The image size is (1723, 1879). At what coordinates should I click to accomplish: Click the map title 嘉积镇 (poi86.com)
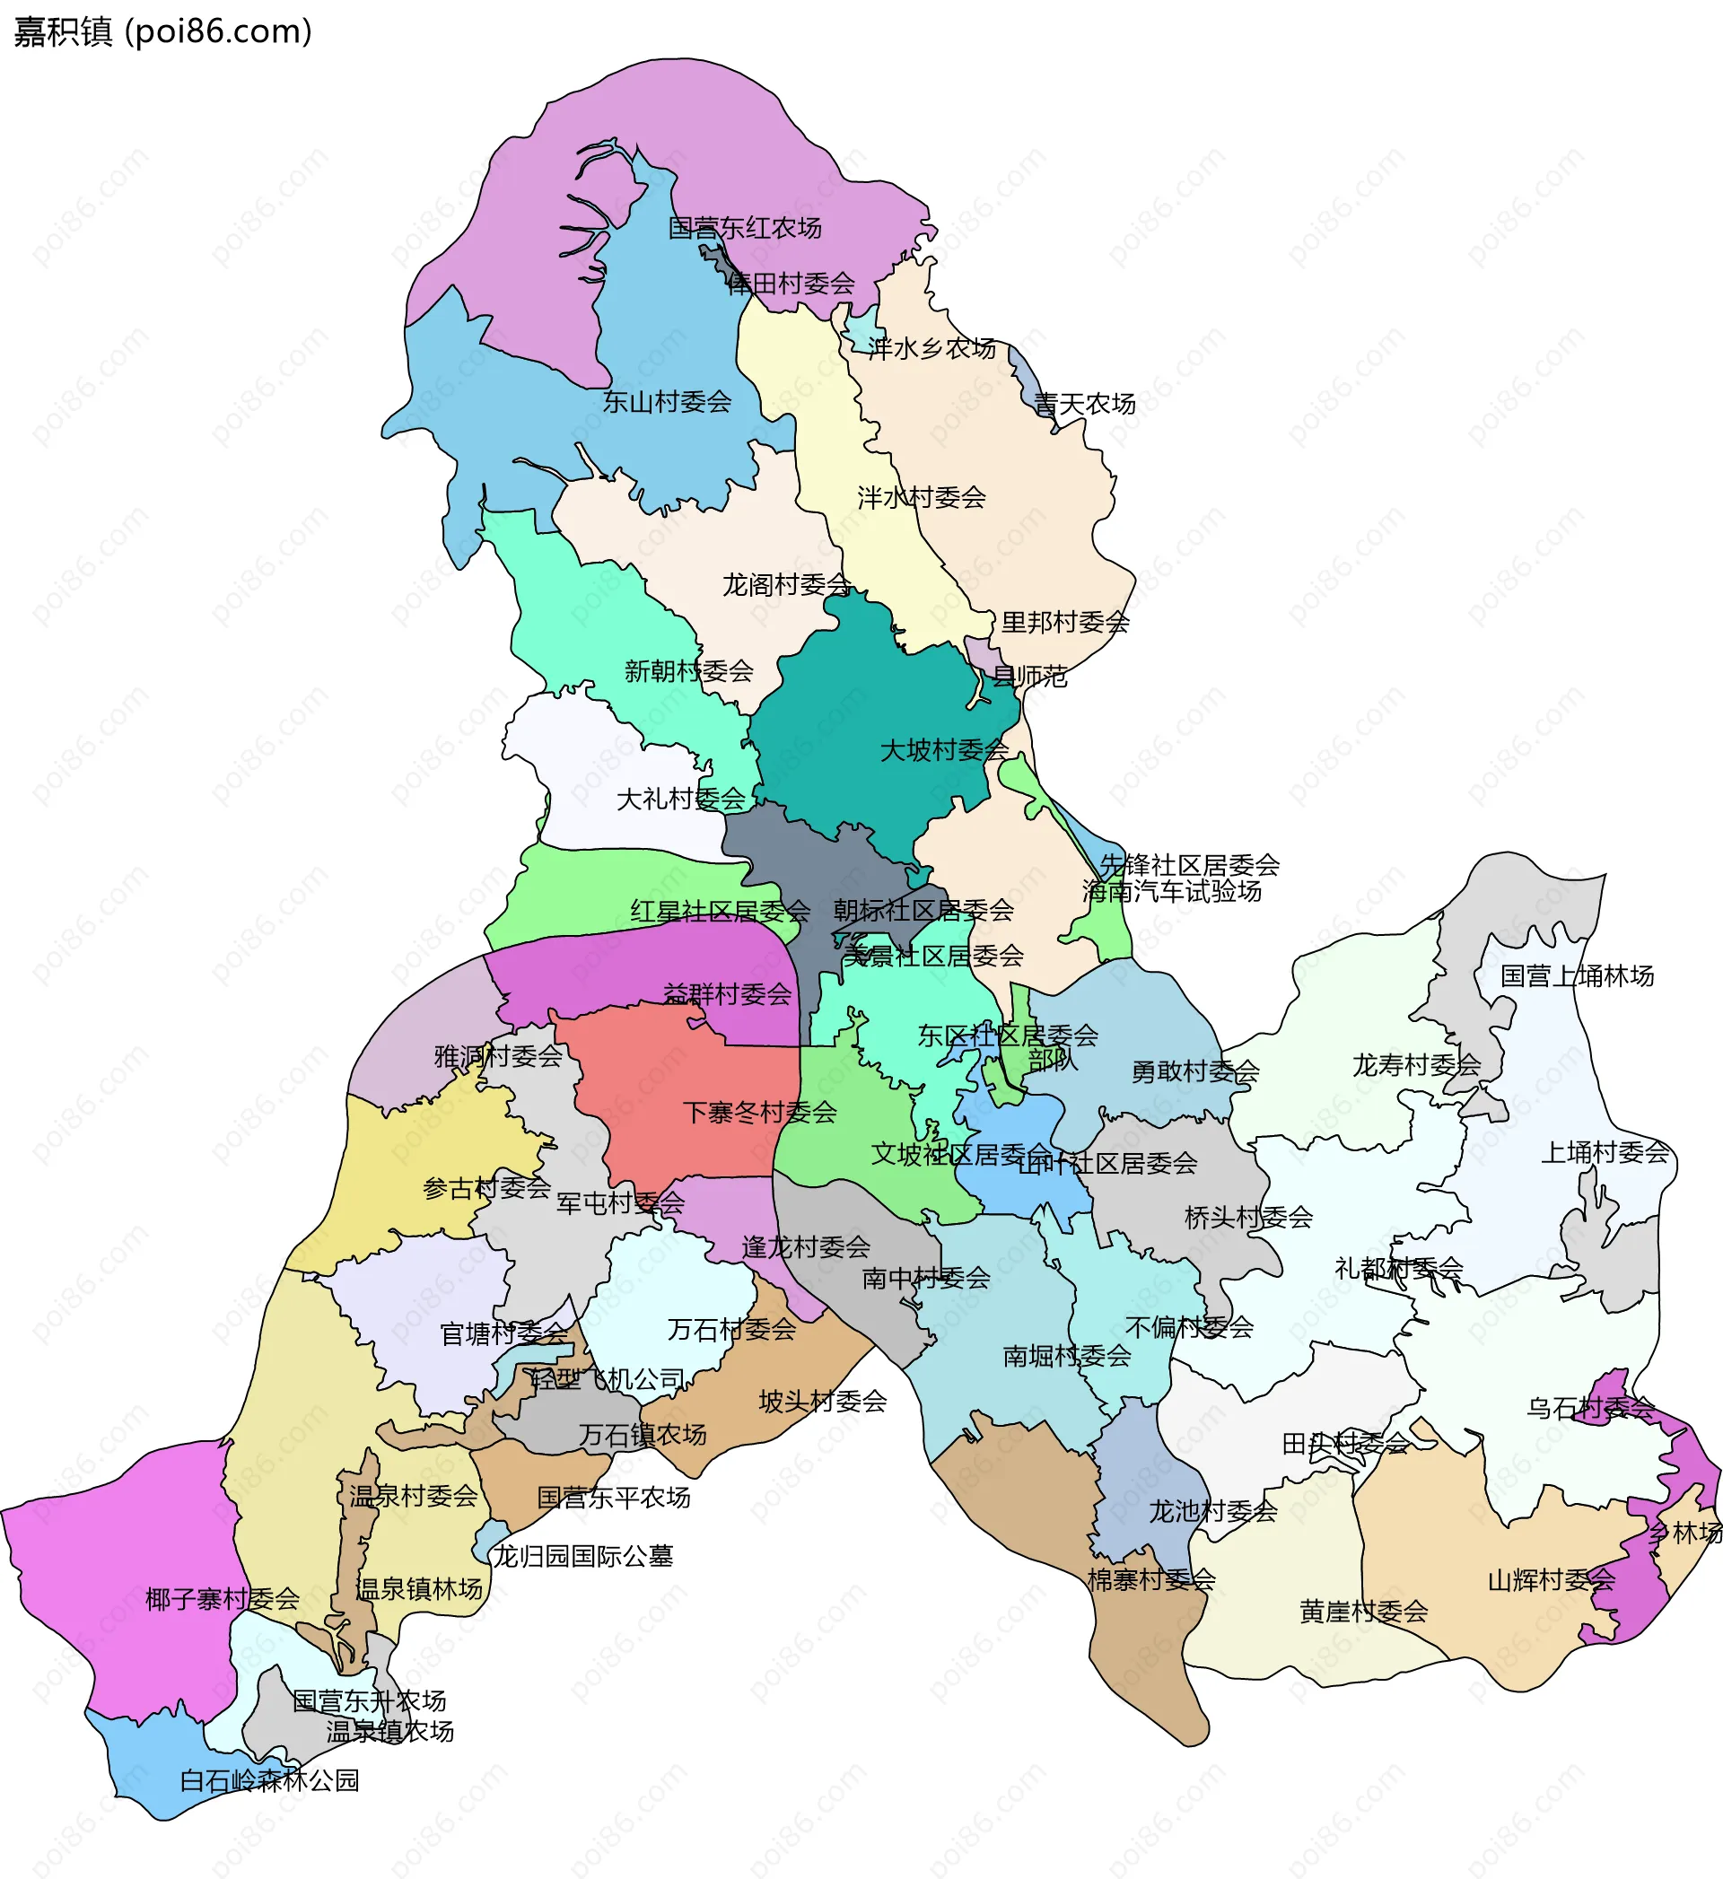click(163, 31)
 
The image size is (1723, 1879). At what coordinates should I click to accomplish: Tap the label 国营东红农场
click(745, 227)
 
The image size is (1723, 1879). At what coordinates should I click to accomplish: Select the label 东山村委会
click(667, 402)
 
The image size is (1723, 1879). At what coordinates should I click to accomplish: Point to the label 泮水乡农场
click(931, 348)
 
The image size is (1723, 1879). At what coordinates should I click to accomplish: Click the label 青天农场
click(1085, 404)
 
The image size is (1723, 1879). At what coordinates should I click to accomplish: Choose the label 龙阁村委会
click(787, 584)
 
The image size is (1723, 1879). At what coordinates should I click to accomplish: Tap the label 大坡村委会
click(944, 749)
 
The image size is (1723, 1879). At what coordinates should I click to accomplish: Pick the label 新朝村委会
click(689, 670)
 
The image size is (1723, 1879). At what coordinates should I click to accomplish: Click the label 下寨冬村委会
click(760, 1112)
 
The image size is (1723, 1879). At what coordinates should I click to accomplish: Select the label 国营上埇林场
click(1578, 976)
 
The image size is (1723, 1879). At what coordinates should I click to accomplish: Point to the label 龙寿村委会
click(1417, 1064)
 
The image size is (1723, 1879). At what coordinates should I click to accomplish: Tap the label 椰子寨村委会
click(223, 1599)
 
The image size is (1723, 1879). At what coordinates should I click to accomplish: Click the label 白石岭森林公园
click(269, 1780)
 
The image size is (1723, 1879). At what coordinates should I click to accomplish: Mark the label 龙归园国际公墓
click(582, 1556)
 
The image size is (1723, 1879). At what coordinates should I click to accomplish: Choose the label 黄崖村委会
click(1364, 1612)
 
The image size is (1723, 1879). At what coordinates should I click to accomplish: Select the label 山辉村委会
click(1552, 1580)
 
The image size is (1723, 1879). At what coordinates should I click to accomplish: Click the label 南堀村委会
click(1068, 1355)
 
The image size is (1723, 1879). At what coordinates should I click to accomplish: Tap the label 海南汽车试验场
click(1172, 891)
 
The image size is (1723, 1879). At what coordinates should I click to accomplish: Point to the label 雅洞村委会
click(499, 1056)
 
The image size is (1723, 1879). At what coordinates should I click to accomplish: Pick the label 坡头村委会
click(823, 1401)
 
